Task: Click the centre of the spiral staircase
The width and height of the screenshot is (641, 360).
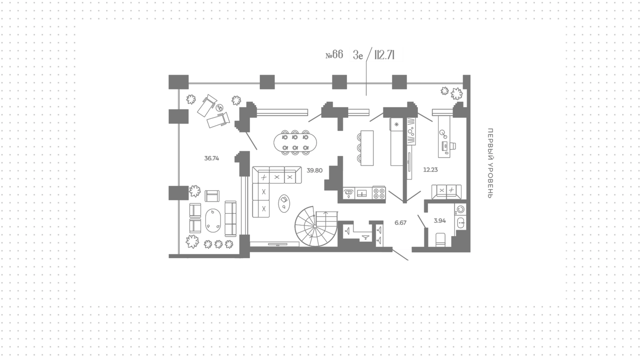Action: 315,226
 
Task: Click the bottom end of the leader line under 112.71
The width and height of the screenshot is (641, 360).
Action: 366,96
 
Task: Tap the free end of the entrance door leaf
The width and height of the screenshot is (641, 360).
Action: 408,260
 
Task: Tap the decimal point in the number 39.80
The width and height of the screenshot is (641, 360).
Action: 314,172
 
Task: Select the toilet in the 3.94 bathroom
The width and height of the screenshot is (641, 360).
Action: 441,240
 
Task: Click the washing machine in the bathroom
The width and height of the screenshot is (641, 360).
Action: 460,209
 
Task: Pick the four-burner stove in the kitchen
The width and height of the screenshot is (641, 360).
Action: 379,193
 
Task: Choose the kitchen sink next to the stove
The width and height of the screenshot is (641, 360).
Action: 362,193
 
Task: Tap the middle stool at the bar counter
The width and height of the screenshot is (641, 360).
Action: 359,148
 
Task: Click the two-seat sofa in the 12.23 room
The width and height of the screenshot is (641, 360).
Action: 446,192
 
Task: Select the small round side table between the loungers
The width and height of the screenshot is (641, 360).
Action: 220,108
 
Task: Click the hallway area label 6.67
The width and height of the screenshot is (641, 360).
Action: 400,223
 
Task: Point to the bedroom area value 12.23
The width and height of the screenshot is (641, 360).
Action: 430,170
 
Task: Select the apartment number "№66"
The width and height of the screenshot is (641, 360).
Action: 334,55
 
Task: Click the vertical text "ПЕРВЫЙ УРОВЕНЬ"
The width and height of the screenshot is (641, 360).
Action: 490,163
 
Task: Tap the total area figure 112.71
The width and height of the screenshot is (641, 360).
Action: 385,55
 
